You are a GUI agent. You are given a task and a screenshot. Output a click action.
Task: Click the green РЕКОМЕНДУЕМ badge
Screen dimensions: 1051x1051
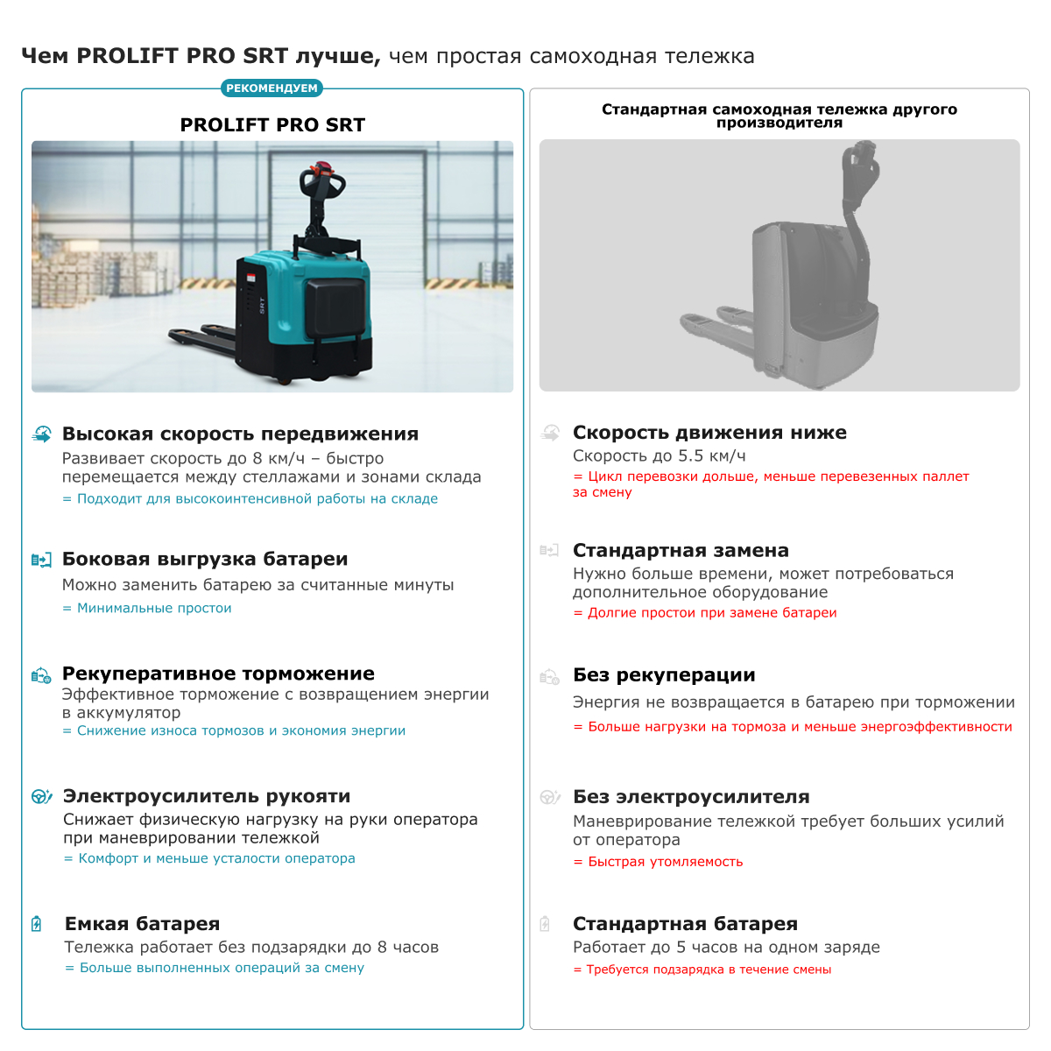point(272,88)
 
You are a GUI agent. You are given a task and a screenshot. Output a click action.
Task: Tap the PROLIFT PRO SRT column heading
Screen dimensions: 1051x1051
point(272,125)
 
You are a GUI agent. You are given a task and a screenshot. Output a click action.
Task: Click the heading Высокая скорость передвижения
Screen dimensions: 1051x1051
point(240,434)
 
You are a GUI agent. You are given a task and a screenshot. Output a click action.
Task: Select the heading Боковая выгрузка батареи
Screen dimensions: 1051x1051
point(205,560)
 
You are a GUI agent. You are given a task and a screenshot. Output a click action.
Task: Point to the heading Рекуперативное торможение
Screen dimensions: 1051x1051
point(218,674)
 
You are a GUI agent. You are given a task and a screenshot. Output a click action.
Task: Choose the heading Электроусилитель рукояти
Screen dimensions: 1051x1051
point(207,796)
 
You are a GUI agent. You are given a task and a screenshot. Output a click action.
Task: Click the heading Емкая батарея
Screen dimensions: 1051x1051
point(142,924)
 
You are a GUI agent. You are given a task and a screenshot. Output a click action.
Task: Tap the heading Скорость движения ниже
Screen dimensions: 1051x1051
point(709,433)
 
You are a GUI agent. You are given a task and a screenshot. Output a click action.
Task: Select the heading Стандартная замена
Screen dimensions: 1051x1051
point(681,551)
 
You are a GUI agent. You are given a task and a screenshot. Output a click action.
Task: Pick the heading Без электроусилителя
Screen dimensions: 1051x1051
point(691,797)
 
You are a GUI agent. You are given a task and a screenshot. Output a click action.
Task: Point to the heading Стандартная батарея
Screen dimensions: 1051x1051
point(685,924)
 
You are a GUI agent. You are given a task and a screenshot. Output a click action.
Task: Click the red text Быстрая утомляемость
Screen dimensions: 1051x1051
point(665,862)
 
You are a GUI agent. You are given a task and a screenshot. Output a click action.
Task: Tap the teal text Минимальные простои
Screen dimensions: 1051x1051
point(154,608)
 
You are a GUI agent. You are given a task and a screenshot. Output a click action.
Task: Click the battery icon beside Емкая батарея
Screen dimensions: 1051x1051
point(37,924)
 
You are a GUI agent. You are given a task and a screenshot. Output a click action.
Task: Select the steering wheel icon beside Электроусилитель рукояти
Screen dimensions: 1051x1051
point(41,796)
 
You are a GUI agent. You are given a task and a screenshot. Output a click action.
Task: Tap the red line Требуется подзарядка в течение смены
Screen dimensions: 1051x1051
point(709,970)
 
